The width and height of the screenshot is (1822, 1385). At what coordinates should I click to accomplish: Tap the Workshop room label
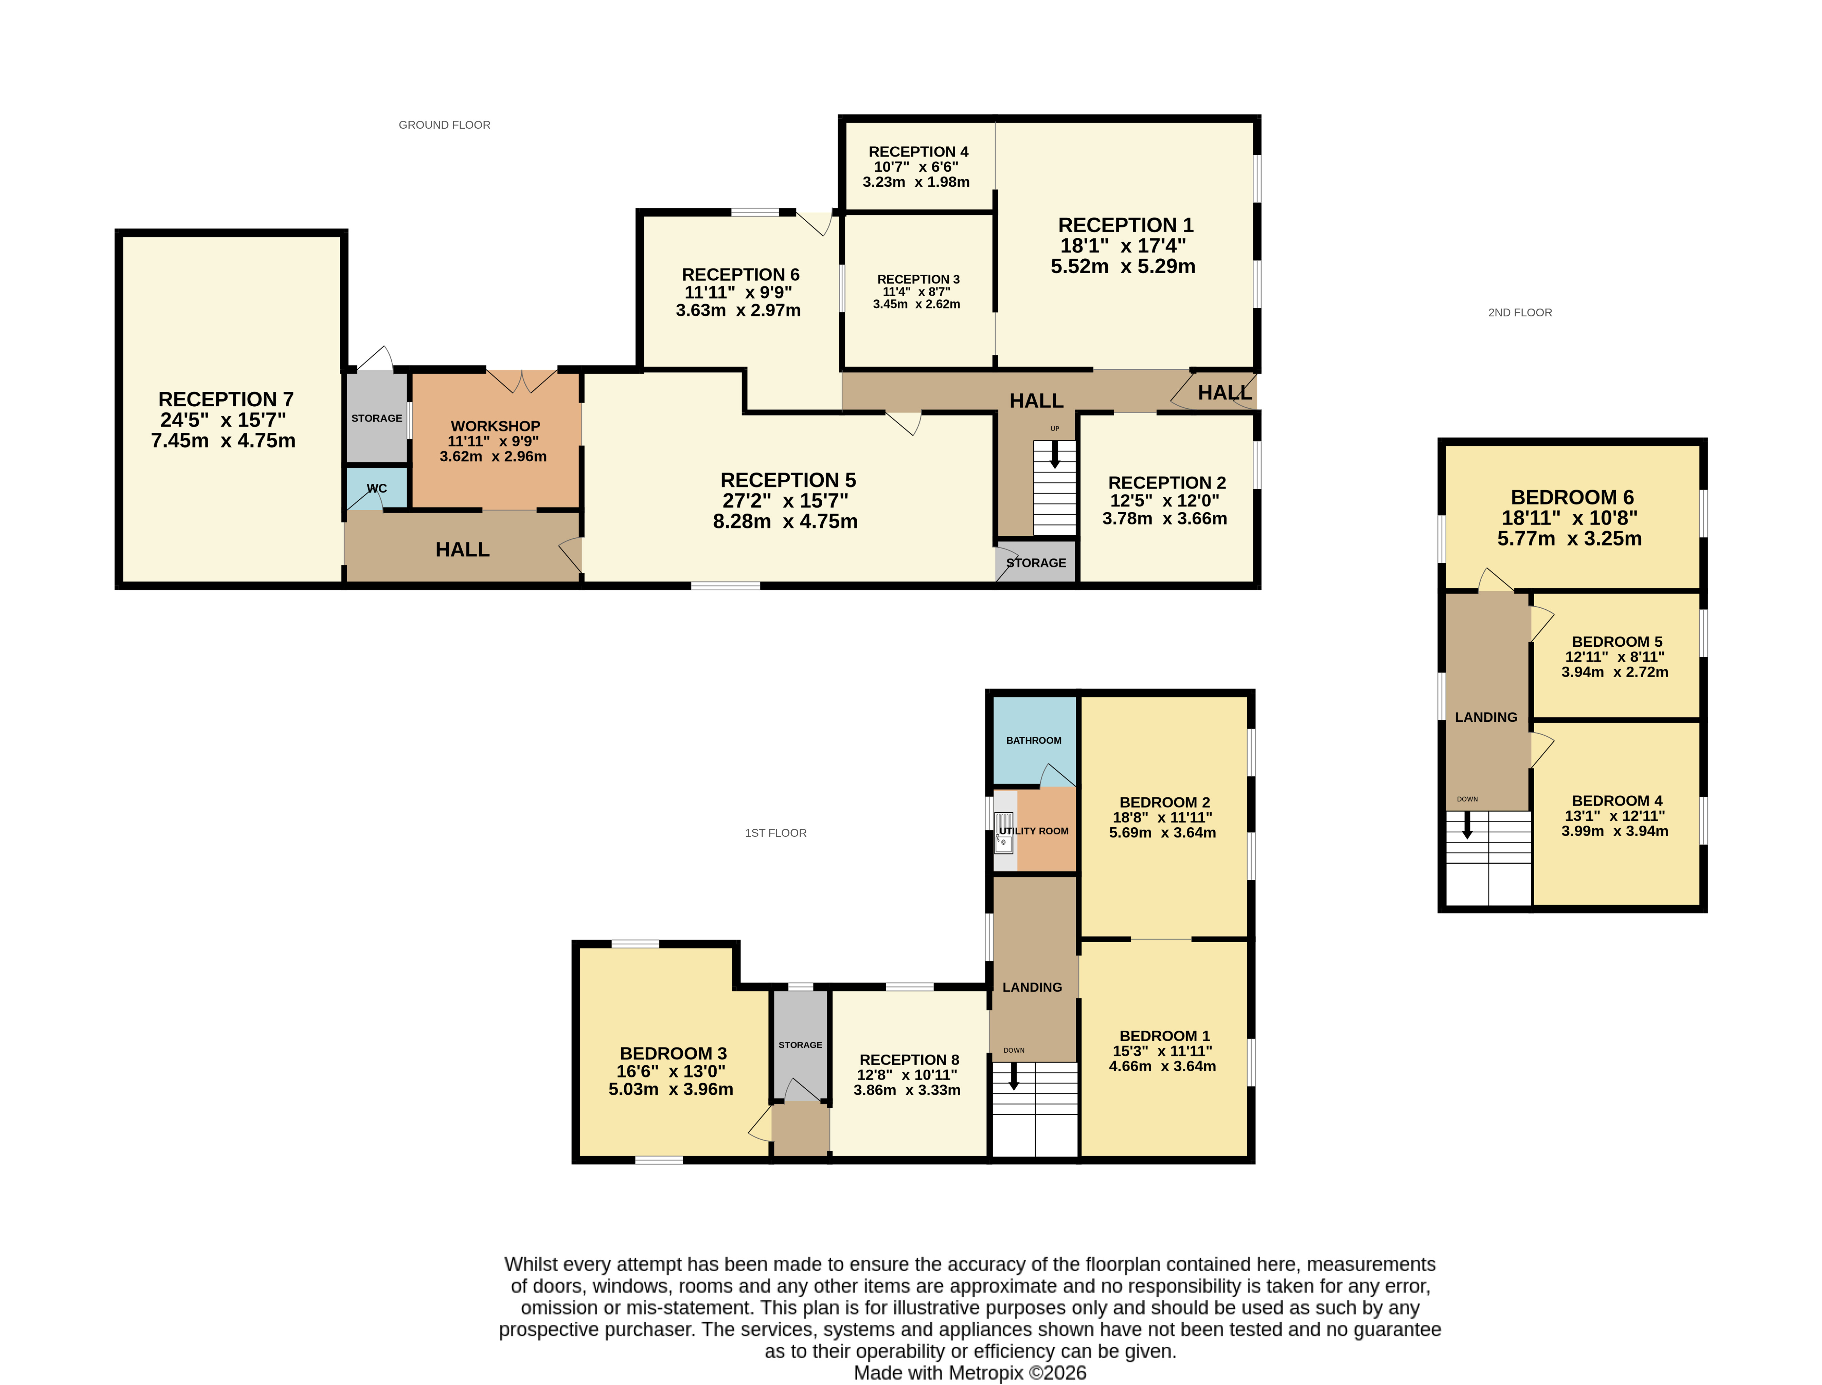point(495,426)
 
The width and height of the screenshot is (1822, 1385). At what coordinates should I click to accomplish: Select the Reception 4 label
point(918,152)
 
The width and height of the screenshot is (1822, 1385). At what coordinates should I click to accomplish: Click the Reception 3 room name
point(918,279)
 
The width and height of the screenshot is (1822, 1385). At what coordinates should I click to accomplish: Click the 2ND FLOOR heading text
point(1519,312)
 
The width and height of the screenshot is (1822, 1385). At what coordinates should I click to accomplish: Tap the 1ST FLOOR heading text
point(775,833)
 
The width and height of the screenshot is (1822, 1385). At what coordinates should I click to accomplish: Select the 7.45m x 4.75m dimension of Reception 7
point(223,441)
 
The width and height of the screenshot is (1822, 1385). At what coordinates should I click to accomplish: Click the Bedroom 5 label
point(1616,641)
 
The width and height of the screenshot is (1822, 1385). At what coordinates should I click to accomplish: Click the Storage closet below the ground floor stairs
point(1036,562)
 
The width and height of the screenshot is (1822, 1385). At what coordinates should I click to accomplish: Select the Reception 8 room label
point(909,1059)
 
